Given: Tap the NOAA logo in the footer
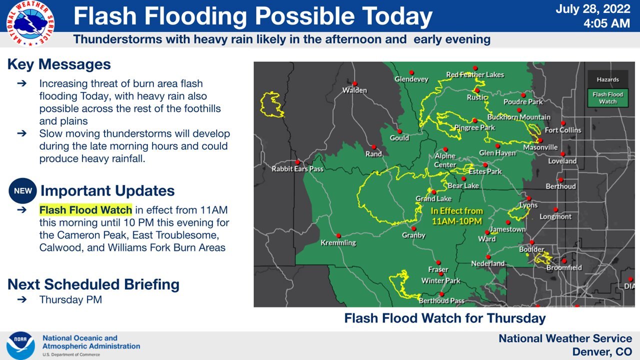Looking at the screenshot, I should (20, 345).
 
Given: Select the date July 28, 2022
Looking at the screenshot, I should (593, 9).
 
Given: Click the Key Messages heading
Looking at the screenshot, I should (59, 64).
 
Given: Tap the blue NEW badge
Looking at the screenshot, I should (23, 191).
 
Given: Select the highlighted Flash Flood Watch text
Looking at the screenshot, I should (85, 210).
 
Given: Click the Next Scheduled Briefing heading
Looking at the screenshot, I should (93, 284).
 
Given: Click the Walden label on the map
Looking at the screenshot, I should (354, 90).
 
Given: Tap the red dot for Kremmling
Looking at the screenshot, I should (338, 235).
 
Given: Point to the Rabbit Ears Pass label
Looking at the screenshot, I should (297, 169).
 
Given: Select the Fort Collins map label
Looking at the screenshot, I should (563, 130).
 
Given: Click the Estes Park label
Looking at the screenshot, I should (485, 171).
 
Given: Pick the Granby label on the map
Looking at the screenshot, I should (414, 235).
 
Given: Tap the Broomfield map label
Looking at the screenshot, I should (564, 268).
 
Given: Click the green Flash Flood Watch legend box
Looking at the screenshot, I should (607, 98).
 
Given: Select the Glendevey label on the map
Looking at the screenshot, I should (411, 79).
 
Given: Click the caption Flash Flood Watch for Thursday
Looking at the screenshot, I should (445, 318).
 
